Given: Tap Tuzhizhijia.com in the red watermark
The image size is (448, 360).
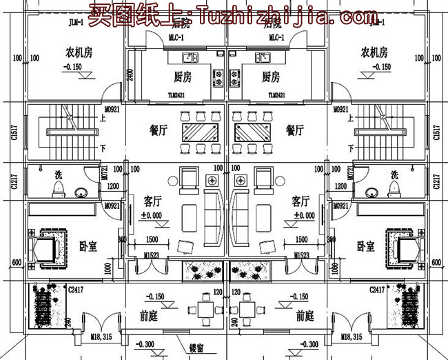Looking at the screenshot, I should click(x=276, y=13).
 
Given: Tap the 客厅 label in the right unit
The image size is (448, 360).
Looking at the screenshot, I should click(x=301, y=201).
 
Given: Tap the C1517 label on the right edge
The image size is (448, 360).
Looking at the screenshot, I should click(x=436, y=132).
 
